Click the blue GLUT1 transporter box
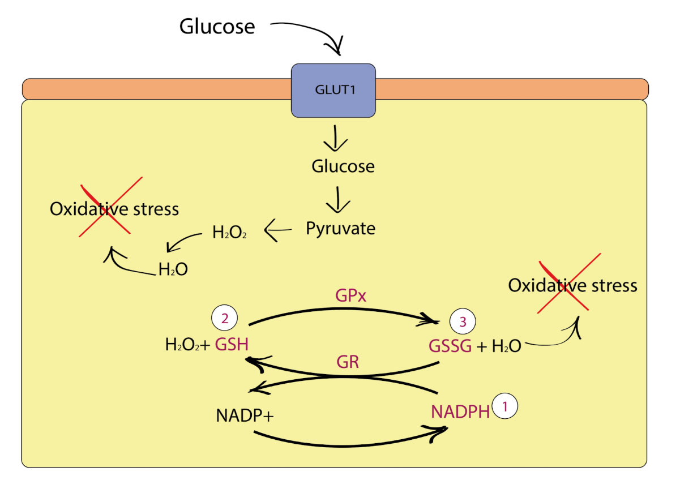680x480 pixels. point(333,90)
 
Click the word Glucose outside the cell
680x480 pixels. point(217,27)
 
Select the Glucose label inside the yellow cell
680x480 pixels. point(343,166)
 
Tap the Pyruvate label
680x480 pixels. point(341,228)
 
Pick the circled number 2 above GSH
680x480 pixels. point(224,319)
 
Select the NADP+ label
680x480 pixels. point(245,416)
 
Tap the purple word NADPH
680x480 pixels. point(460,412)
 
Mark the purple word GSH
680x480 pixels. point(232,344)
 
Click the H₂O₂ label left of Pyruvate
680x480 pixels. point(229,232)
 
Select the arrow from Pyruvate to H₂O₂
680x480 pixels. point(277,230)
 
